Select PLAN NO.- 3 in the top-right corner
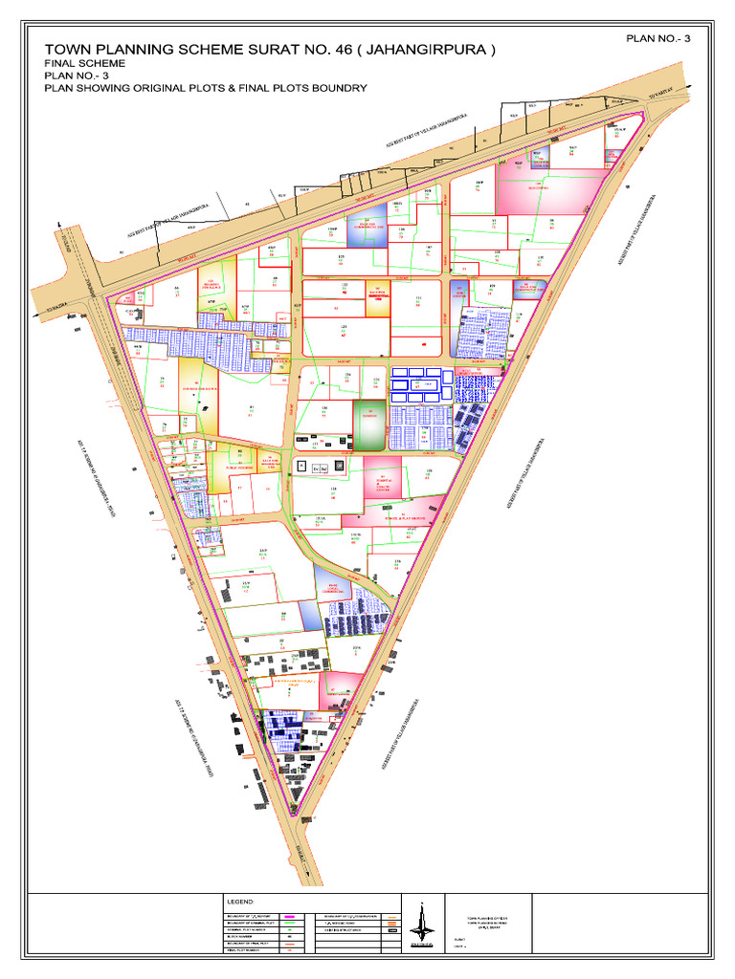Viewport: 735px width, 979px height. click(x=660, y=37)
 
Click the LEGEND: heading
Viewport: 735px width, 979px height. click(x=239, y=902)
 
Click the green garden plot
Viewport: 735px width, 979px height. click(x=368, y=425)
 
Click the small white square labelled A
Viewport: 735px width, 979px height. click(x=302, y=466)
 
